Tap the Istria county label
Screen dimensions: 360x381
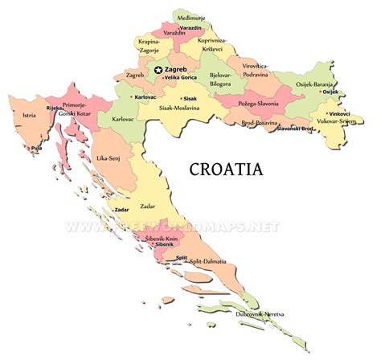(x=30, y=116)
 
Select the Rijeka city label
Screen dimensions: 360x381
(x=54, y=108)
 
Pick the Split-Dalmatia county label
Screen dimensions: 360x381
(x=207, y=262)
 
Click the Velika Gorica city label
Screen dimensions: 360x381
(x=182, y=78)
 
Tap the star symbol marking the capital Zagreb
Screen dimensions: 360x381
(x=158, y=71)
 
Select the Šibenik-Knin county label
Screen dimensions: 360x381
(x=162, y=239)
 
